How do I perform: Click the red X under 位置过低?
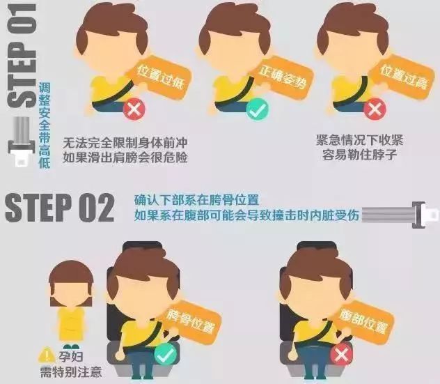click(134, 109)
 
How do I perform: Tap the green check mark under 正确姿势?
click(258, 109)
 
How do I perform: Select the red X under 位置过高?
click(375, 109)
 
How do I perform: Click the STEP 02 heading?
click(59, 208)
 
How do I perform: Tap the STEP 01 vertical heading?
click(22, 56)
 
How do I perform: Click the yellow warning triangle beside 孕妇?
click(47, 355)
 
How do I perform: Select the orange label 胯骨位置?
click(191, 321)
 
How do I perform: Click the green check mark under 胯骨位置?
click(165, 355)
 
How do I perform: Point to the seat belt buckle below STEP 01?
click(22, 142)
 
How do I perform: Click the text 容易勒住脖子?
click(359, 155)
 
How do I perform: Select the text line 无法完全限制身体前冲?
click(125, 143)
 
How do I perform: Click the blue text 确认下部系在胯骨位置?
click(197, 201)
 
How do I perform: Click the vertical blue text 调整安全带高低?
click(45, 125)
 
